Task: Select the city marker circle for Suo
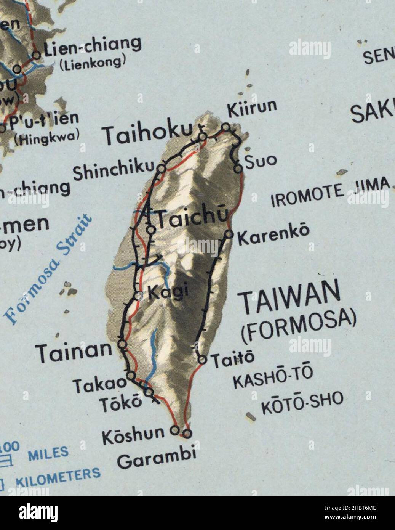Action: click(238, 168)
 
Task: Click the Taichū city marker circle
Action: click(151, 230)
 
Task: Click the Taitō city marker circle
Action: click(203, 359)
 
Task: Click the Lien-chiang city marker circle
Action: click(37, 55)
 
